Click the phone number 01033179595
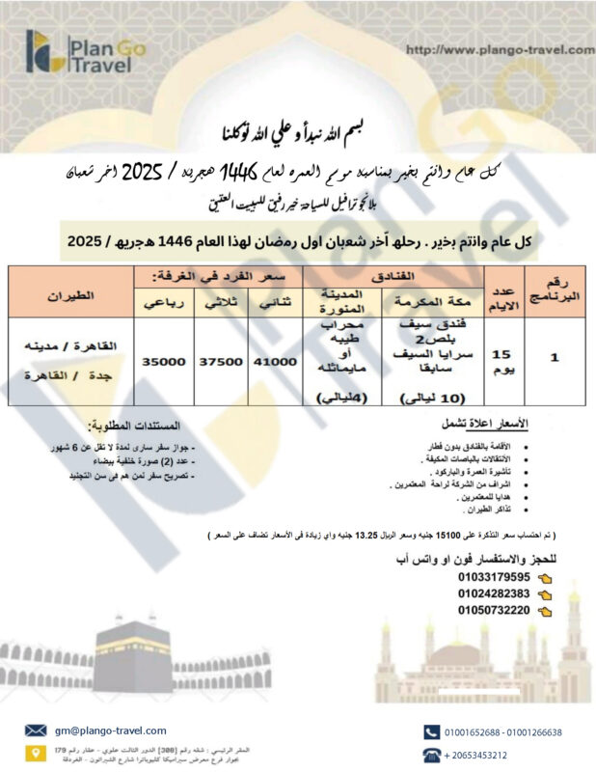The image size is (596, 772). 493,577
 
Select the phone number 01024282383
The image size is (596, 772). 493,593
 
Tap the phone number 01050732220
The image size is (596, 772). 493,610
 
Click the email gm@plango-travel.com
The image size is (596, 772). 111,731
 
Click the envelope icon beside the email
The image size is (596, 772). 36,731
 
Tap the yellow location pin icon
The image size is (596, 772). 36,753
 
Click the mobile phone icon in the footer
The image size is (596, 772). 431,731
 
